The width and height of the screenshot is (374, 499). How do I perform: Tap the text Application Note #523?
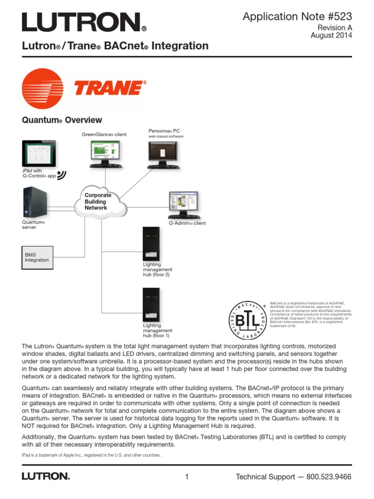coord(297,17)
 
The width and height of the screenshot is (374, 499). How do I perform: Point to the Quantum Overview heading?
coord(62,120)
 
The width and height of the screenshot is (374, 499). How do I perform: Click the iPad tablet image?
coord(39,152)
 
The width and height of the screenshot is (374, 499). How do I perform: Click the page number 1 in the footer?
coord(187,477)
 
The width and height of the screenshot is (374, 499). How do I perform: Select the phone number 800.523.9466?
coord(329,477)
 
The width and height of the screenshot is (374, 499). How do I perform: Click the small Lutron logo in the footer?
coord(46,476)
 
